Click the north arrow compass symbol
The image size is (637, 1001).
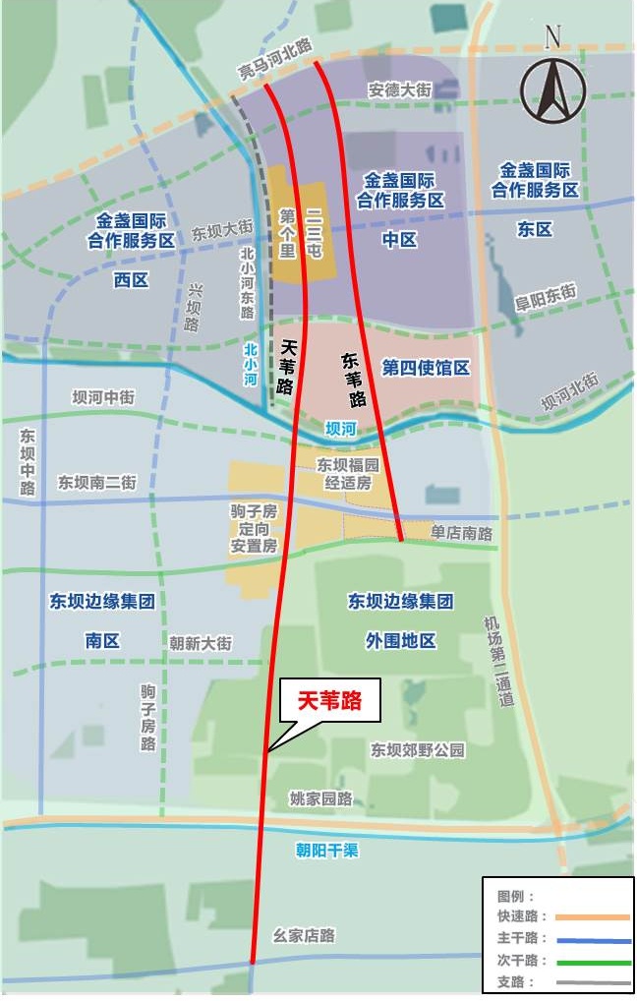click(552, 87)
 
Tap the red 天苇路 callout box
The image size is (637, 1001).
click(330, 701)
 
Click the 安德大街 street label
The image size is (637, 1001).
click(400, 89)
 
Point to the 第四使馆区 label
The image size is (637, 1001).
click(426, 369)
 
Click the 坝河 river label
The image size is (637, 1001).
click(340, 429)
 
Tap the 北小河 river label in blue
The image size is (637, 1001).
click(251, 364)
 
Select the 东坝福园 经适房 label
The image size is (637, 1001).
click(343, 473)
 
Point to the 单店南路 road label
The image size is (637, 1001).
click(461, 533)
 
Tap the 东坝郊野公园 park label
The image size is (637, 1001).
click(418, 750)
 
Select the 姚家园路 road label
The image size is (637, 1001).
click(321, 798)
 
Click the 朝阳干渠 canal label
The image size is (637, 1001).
click(327, 851)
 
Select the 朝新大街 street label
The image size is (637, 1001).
click(201, 643)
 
